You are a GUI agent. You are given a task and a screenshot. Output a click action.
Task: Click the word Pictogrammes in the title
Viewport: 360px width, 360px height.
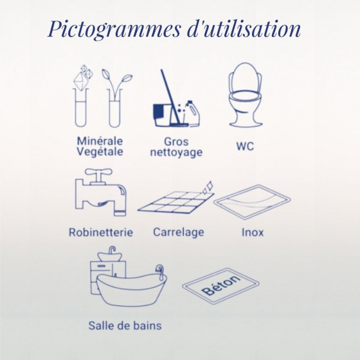click(114, 30)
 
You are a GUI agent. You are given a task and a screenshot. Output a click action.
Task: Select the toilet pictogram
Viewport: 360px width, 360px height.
click(245, 94)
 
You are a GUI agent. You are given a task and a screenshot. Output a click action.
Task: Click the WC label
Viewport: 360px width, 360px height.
click(245, 147)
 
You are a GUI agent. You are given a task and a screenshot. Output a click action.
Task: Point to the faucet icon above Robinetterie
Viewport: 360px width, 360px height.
click(100, 192)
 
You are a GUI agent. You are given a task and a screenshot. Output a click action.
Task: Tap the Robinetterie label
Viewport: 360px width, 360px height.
click(101, 232)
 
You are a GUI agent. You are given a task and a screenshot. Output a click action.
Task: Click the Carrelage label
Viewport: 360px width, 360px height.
click(179, 232)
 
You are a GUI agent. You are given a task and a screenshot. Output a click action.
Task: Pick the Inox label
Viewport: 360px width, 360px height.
click(253, 232)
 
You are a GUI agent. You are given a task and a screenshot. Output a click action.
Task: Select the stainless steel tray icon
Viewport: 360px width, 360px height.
click(252, 202)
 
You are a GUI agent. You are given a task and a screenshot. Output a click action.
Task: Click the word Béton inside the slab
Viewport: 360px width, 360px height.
click(221, 285)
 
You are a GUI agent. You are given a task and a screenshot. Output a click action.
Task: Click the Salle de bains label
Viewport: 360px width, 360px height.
click(125, 325)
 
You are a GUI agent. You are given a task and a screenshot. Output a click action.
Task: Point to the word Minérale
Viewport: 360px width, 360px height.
click(100, 141)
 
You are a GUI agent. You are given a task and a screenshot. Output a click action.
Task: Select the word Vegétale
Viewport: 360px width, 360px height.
click(100, 152)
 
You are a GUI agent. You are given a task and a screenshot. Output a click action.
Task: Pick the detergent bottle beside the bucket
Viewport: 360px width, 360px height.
click(192, 113)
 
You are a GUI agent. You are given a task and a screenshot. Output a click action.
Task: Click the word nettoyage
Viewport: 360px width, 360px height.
click(176, 152)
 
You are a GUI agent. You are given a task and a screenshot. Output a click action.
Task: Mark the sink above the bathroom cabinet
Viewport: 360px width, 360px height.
click(110, 255)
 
